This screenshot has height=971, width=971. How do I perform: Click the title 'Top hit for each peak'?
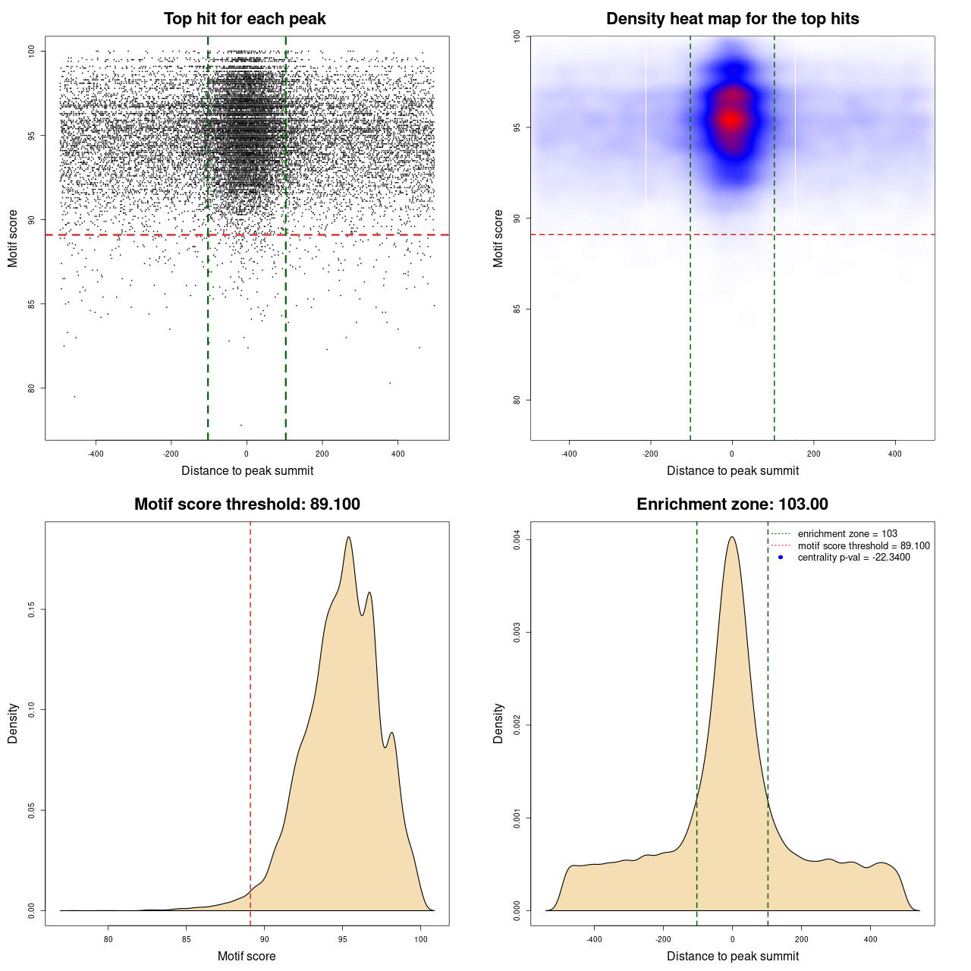point(244,19)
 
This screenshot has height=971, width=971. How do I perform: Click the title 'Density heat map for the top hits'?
point(732,19)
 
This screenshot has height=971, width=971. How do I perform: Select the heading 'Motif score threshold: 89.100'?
point(247,504)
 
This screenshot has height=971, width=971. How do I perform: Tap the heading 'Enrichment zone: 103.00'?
point(732,504)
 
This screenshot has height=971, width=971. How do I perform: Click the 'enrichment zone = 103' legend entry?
point(847,534)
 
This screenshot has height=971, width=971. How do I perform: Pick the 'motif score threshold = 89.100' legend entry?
point(863,546)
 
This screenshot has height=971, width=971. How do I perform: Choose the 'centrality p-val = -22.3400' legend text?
point(853,558)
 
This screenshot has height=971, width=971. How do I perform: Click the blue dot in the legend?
point(781,558)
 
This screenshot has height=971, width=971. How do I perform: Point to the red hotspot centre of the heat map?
point(731,119)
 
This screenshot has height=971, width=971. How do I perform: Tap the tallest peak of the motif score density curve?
point(348,538)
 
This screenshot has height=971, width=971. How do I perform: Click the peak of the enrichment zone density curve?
point(732,537)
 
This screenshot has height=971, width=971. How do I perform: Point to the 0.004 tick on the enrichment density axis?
point(517,539)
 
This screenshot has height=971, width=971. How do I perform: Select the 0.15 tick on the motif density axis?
point(31,609)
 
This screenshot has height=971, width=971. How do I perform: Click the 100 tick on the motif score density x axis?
point(421,939)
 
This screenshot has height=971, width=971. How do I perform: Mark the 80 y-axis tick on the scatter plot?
point(31,388)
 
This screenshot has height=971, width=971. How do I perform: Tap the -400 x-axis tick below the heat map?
point(569,454)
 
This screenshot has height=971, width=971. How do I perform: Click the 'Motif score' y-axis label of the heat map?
point(498,238)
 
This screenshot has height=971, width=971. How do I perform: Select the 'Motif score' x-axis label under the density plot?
point(247,956)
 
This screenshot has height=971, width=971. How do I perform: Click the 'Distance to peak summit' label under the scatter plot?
point(247,470)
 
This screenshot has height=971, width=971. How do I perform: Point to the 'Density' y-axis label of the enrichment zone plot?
point(498,723)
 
